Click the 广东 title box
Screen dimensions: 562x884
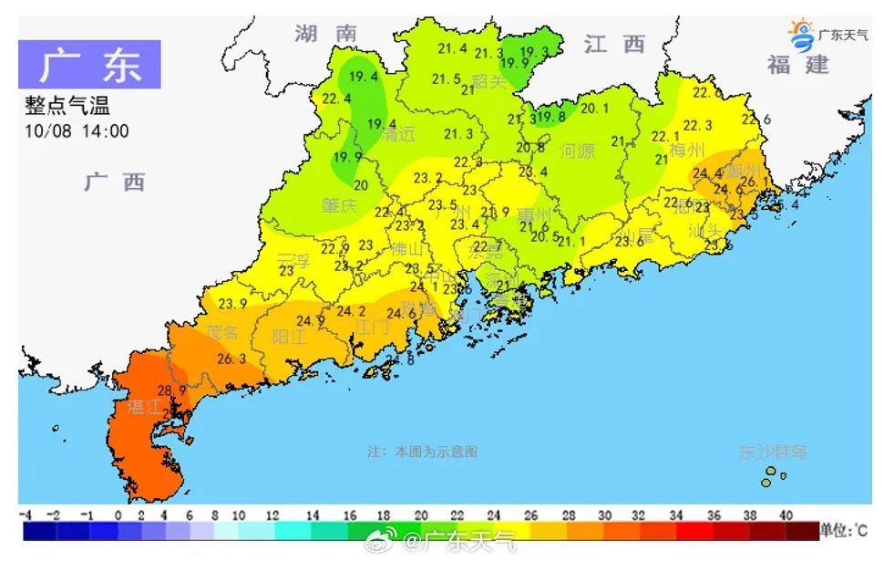(89, 64)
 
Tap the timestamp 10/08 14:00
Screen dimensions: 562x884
(77, 131)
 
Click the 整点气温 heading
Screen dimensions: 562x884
(67, 108)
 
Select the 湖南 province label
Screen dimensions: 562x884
(325, 34)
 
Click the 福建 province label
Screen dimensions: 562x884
(798, 65)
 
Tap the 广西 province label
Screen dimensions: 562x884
(116, 182)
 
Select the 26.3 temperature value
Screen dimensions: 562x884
(231, 359)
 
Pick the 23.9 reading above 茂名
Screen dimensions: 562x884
(231, 303)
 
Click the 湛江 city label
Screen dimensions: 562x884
(145, 407)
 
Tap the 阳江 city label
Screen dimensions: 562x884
(290, 336)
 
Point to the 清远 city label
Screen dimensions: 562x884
(398, 134)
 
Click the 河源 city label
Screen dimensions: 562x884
(577, 151)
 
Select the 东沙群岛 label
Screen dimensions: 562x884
(772, 452)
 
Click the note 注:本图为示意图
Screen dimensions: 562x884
(422, 452)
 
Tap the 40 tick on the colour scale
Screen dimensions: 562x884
(785, 515)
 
